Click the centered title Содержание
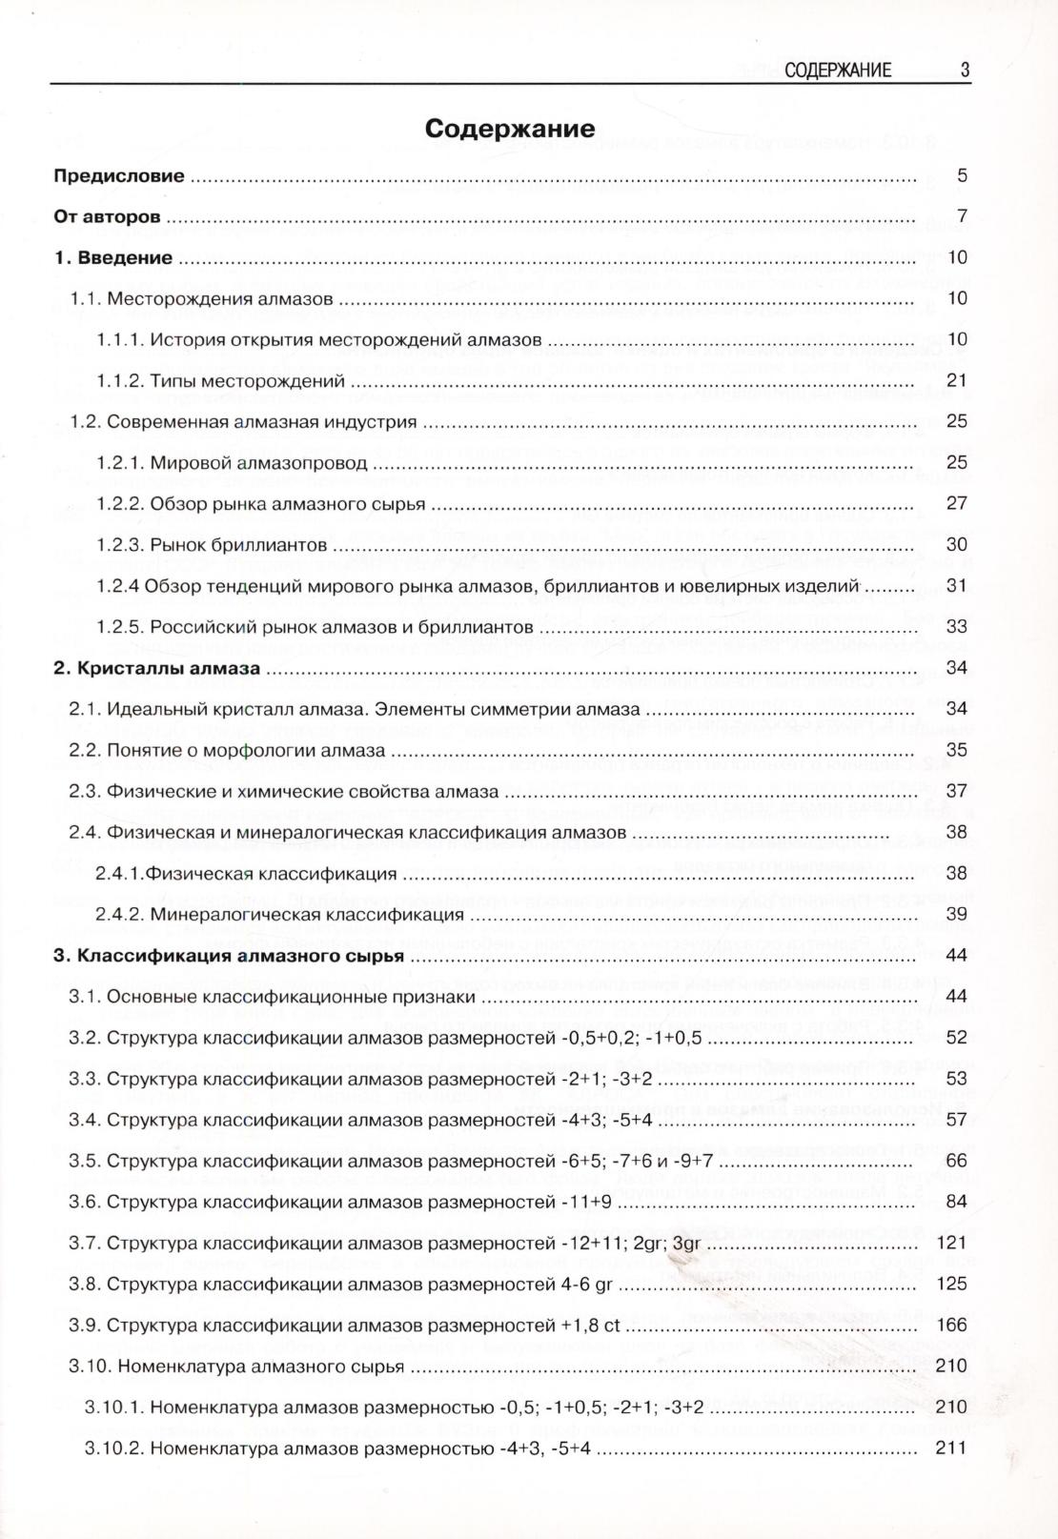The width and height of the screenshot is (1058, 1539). pos(510,129)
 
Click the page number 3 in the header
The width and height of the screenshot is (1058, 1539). pos(965,70)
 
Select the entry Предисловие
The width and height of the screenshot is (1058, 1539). pos(119,175)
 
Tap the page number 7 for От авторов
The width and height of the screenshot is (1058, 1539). pos(962,216)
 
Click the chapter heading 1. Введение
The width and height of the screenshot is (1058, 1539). pos(113,257)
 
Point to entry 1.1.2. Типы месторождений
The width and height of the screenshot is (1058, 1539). pos(220,380)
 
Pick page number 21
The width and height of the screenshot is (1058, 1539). pos(956,380)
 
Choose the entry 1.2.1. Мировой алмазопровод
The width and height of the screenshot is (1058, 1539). pos(232,462)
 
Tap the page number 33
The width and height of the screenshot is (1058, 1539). pos(956,626)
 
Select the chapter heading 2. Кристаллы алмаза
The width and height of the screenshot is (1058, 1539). pos(157,668)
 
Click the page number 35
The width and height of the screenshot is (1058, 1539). pos(956,749)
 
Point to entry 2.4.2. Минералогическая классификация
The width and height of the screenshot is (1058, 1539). pos(279,914)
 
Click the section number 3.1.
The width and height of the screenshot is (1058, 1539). pos(84,997)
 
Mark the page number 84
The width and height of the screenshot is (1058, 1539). pos(956,1201)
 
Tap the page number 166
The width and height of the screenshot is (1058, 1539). pos(951,1325)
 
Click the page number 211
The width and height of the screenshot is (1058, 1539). pos(951,1448)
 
